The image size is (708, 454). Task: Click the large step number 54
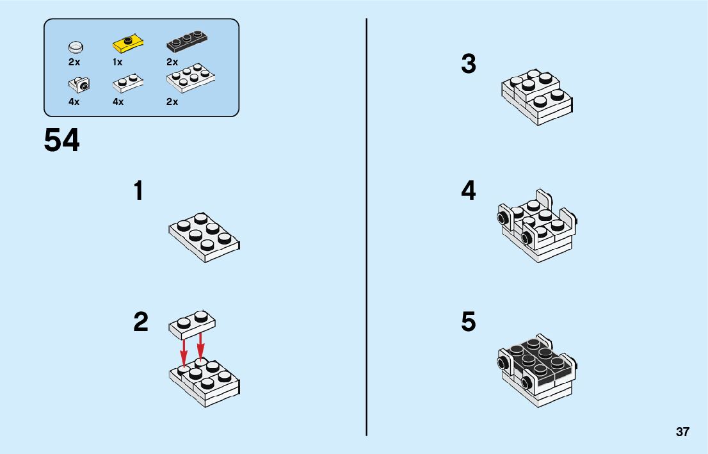62,140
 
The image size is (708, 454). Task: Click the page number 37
682,432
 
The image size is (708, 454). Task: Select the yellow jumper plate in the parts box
128,43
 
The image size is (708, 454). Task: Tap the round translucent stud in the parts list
76,47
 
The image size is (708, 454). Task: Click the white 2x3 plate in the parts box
191,78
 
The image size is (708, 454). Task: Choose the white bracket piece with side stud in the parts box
79,84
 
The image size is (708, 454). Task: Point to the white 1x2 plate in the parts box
128,83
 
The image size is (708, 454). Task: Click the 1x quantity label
117,62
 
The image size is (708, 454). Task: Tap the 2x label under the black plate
172,62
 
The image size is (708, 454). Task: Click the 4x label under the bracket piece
74,102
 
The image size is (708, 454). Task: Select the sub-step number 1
139,191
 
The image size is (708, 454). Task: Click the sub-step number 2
141,322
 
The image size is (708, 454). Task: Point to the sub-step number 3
469,63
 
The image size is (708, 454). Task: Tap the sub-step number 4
469,191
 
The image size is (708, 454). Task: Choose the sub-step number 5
469,322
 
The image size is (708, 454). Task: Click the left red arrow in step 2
184,353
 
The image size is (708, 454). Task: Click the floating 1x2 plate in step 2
192,325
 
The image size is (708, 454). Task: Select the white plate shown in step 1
205,238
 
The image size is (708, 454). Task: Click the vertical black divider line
366,227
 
